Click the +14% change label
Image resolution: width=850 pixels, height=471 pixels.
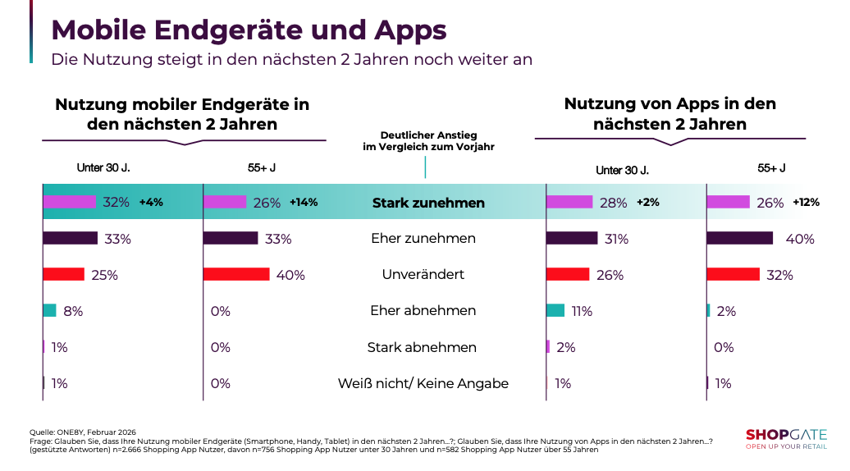pyautogui.click(x=304, y=202)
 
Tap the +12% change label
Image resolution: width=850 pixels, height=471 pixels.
pyautogui.click(x=806, y=202)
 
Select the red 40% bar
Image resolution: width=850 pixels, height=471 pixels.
pyautogui.click(x=236, y=274)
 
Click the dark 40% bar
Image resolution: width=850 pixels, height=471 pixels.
pyautogui.click(x=739, y=238)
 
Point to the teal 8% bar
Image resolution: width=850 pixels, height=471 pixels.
pyautogui.click(x=49, y=310)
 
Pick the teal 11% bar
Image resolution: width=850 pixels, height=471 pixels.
pyautogui.click(x=555, y=310)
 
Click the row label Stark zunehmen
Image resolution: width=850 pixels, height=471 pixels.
pyautogui.click(x=428, y=203)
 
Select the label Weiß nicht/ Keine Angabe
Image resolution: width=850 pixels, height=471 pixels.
pyautogui.click(x=423, y=383)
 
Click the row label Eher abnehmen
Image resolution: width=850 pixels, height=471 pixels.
pyautogui.click(x=423, y=311)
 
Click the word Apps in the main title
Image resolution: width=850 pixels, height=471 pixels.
pyautogui.click(x=409, y=30)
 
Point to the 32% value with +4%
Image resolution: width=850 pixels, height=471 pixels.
pyautogui.click(x=116, y=203)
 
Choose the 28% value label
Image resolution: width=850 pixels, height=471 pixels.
pyautogui.click(x=613, y=203)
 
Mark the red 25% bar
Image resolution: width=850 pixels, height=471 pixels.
pyautogui.click(x=63, y=274)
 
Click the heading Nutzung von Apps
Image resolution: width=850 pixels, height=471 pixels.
pyautogui.click(x=669, y=114)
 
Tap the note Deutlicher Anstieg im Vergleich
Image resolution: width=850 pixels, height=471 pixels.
pyautogui.click(x=428, y=140)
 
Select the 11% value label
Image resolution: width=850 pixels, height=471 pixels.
pyautogui.click(x=582, y=311)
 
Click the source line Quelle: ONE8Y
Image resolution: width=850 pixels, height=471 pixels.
pyautogui.click(x=81, y=432)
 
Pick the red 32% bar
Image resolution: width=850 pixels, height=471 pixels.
pyautogui.click(x=732, y=274)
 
